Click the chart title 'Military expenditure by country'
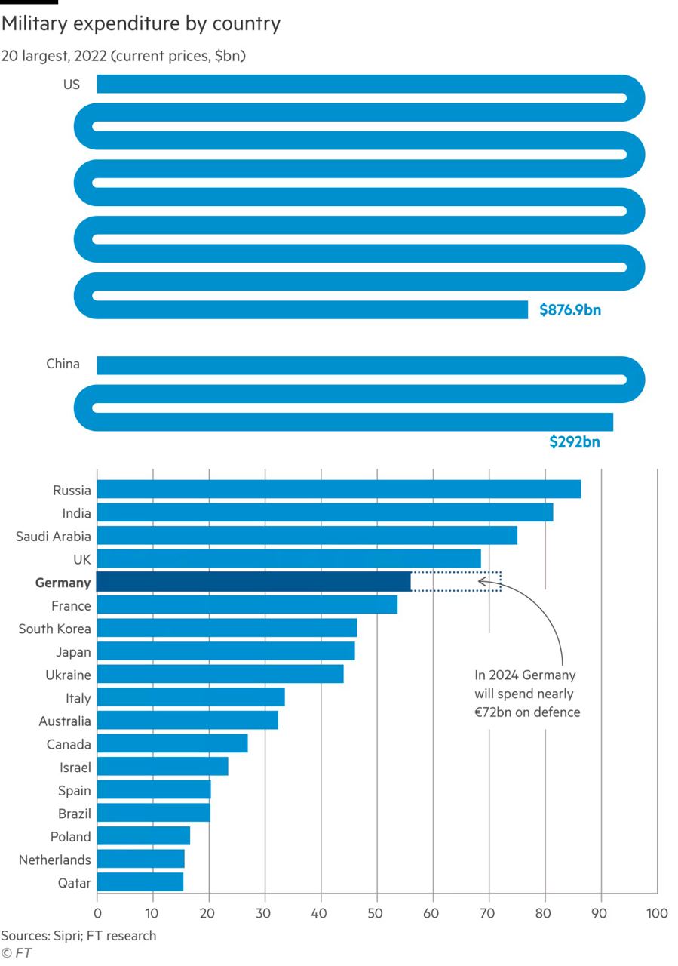click(x=141, y=24)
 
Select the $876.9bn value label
click(x=570, y=309)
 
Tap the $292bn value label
click(x=575, y=441)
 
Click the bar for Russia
click(x=339, y=489)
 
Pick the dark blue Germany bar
click(x=253, y=582)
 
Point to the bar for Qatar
click(x=140, y=881)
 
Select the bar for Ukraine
click(x=220, y=674)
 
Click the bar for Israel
click(x=162, y=767)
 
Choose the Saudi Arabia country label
click(x=54, y=537)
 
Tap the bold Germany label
click(x=63, y=583)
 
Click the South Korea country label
click(x=54, y=629)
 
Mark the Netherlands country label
click(x=54, y=860)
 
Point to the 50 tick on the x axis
click(x=377, y=914)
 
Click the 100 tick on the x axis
click(x=657, y=914)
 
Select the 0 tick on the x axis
click(x=97, y=914)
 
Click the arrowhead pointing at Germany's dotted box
click(x=482, y=582)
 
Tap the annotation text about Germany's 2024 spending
click(x=526, y=694)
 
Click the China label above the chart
click(x=63, y=364)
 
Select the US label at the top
click(x=71, y=85)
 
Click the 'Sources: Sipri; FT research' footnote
click(x=78, y=936)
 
